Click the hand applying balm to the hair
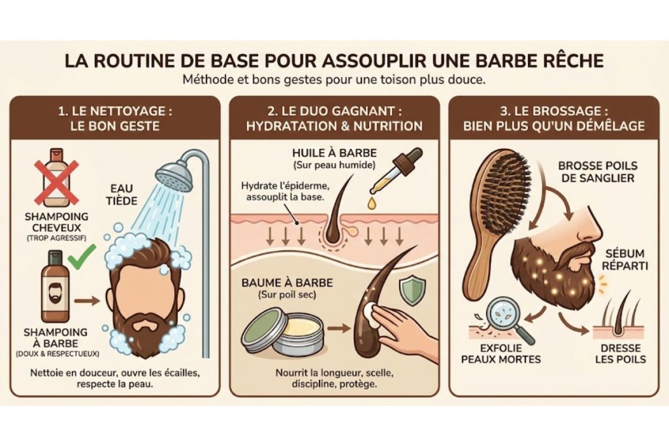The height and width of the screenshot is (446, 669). (x=405, y=330)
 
